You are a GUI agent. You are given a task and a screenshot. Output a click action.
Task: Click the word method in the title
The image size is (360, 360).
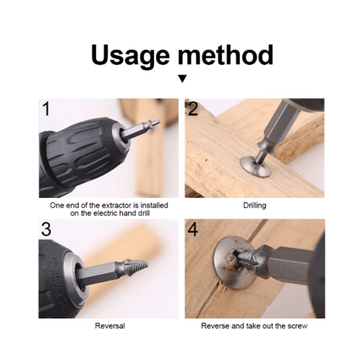pos(226,55)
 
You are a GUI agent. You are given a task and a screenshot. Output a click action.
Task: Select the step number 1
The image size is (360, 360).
pos(46,109)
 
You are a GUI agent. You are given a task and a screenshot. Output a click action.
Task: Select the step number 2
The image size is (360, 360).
pos(193,109)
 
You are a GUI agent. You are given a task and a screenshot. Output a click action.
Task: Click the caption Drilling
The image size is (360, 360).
pos(255,205)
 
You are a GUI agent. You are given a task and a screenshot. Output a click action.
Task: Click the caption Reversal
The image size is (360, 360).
pos(110,326)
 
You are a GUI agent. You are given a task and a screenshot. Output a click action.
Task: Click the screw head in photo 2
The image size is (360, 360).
pos(255,167)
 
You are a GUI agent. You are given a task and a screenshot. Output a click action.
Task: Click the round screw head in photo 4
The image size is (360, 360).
pos(233,262)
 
